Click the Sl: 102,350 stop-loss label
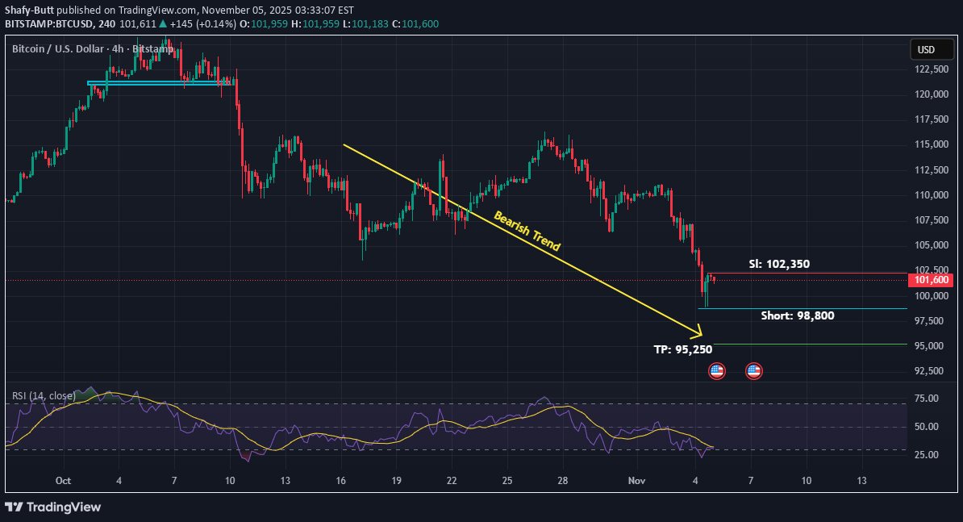pyautogui.click(x=779, y=264)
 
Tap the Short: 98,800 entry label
pyautogui.click(x=797, y=315)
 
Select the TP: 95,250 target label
pyautogui.click(x=682, y=350)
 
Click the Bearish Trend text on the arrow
pyautogui.click(x=527, y=232)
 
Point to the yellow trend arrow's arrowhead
pyautogui.click(x=698, y=333)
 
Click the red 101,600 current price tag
pyautogui.click(x=932, y=280)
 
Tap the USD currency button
pyautogui.click(x=926, y=50)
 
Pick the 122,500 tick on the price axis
pyautogui.click(x=931, y=69)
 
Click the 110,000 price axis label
pyautogui.click(x=931, y=195)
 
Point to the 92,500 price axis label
pyautogui.click(x=931, y=371)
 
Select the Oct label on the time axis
pyautogui.click(x=64, y=481)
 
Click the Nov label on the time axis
pyautogui.click(x=637, y=481)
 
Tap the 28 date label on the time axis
pyautogui.click(x=563, y=481)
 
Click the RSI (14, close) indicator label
pyautogui.click(x=44, y=396)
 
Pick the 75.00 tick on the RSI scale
pyautogui.click(x=928, y=399)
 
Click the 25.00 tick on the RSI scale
pyautogui.click(x=928, y=455)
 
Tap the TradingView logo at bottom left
pyautogui.click(x=53, y=507)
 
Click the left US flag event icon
pyautogui.click(x=716, y=371)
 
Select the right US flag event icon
pyautogui.click(x=753, y=371)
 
